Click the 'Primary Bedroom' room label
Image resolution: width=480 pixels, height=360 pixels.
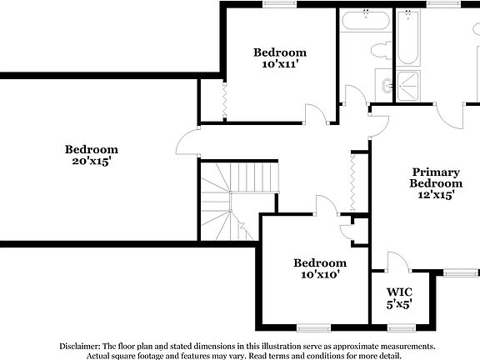[436, 177]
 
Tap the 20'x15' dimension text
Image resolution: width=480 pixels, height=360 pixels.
[92, 161]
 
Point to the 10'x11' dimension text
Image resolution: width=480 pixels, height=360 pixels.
[280, 63]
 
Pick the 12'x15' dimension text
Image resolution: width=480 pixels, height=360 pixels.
[436, 195]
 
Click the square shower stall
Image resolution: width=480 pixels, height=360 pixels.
[408, 83]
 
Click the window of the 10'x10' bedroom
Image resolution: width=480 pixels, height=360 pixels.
[313, 326]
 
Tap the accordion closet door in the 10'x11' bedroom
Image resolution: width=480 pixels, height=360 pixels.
[223, 101]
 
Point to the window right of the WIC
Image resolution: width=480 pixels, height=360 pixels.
[457, 272]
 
